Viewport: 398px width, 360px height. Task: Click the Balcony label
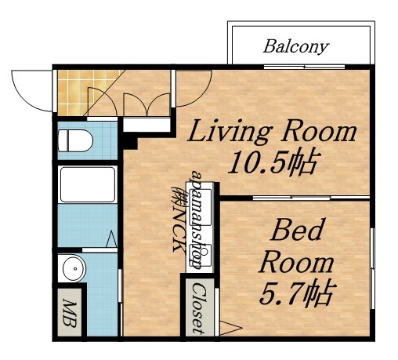[x=295, y=47]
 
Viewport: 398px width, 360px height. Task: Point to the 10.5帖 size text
[x=273, y=162]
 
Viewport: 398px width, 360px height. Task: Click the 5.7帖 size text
[x=296, y=293]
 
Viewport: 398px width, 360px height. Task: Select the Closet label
[x=199, y=308]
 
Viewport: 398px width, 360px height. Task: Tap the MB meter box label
[x=70, y=313]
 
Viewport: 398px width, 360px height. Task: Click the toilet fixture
[x=75, y=140]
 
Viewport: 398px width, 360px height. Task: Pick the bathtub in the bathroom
[x=88, y=184]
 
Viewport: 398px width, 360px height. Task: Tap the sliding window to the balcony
[x=304, y=67]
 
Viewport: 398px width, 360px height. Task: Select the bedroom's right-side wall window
[x=373, y=268]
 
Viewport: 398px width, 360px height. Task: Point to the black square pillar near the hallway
[x=130, y=143]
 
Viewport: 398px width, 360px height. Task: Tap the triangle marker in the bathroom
[x=111, y=238]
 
